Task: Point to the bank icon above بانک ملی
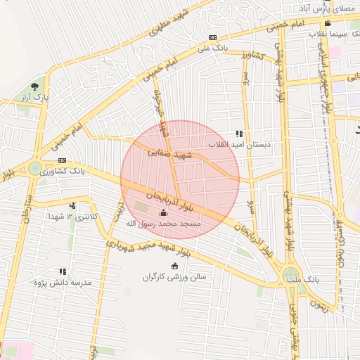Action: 213,38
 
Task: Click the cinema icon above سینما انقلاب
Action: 328,23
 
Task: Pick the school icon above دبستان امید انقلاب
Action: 239,133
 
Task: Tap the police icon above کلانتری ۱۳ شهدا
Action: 72,206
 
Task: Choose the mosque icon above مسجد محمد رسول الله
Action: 164,212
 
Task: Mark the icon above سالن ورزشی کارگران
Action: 175,265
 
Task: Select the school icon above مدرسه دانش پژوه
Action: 63,271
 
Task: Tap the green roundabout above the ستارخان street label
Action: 34,168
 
